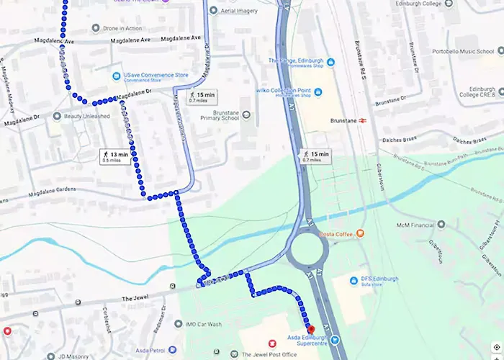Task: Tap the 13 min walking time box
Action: tap(114, 156)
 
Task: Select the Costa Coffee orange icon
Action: tap(361, 233)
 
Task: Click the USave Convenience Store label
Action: tap(156, 75)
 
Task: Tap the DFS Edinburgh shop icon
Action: tap(354, 281)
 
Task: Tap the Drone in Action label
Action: tap(122, 28)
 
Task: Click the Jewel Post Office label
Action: tap(274, 354)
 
